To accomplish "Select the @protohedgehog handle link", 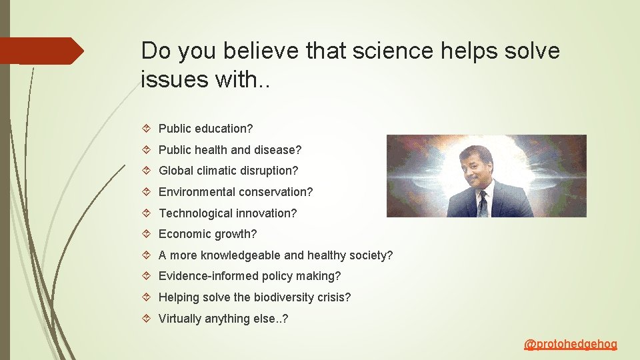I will (x=571, y=345).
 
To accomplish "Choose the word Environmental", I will (x=199, y=192).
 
